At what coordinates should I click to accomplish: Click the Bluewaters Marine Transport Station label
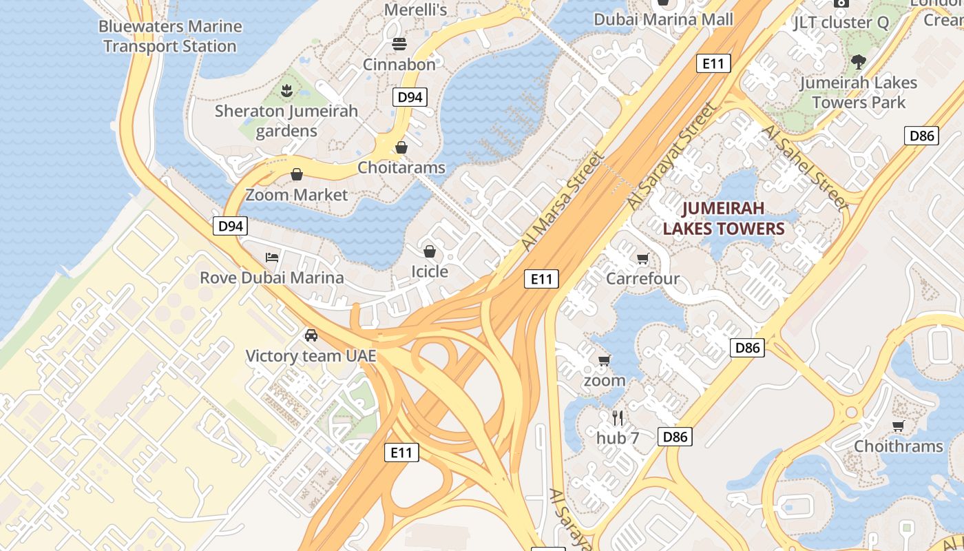170,37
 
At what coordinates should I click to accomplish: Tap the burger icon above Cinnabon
399,45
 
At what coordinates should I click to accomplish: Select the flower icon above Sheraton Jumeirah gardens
286,90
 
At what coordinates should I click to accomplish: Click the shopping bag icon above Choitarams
401,147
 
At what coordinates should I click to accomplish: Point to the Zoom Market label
297,195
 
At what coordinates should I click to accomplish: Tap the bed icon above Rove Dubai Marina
272,258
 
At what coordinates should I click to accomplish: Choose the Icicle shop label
430,271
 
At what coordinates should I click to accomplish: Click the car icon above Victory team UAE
311,335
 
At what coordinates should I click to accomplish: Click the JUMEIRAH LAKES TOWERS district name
724,218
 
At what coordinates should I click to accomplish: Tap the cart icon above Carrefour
642,259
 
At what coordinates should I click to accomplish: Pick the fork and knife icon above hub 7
618,417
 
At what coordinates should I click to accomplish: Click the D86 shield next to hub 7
675,436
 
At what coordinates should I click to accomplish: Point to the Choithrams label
898,446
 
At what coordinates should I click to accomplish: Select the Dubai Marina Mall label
664,19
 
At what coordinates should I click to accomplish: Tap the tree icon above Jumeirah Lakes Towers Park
858,62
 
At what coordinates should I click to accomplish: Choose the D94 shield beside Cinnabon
410,97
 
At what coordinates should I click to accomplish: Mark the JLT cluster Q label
841,22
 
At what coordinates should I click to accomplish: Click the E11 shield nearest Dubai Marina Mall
713,64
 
